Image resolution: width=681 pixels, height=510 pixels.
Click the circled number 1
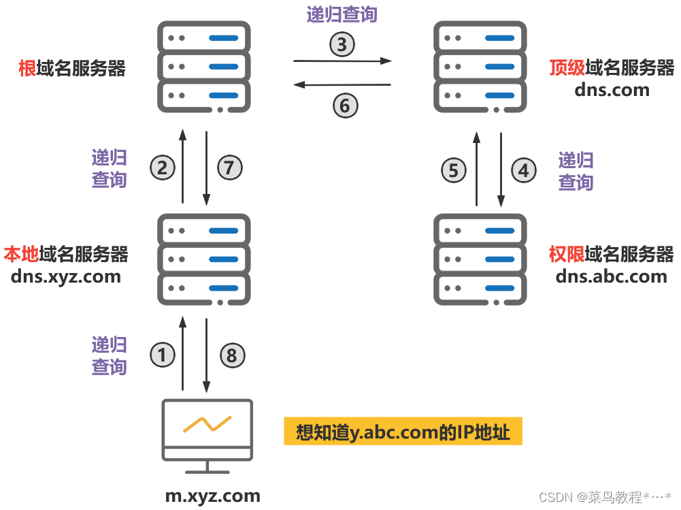(163, 355)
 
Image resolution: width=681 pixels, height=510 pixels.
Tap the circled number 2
(163, 168)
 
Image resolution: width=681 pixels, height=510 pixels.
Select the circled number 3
(342, 45)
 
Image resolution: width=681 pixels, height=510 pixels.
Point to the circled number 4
(523, 170)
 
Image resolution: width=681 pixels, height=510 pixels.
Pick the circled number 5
(454, 170)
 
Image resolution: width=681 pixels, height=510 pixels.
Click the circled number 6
(345, 106)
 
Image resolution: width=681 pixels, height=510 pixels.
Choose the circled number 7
(229, 168)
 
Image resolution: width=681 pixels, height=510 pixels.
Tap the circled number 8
(231, 355)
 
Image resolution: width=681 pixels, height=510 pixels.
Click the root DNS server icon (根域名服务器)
(204, 67)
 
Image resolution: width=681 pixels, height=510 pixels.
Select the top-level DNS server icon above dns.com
(481, 67)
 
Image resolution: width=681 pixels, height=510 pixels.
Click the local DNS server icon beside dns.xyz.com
(204, 259)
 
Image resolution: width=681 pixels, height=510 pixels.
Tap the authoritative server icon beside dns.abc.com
(481, 259)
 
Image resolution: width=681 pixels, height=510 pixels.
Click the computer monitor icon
(207, 436)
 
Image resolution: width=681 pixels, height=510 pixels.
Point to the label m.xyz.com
(213, 496)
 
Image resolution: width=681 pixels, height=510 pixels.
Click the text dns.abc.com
(611, 276)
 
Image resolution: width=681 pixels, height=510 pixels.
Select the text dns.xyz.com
(66, 276)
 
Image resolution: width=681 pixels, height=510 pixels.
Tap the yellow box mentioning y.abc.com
(403, 432)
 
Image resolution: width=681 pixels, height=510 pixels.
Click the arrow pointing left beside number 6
(342, 85)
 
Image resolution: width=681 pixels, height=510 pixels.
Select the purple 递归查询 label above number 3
(342, 14)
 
